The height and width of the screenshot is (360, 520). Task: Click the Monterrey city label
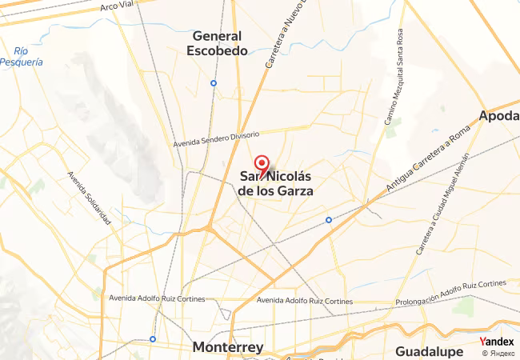[228, 347]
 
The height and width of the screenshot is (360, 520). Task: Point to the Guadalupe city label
[429, 351]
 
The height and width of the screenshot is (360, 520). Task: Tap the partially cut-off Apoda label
[499, 117]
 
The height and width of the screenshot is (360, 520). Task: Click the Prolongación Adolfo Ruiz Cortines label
[451, 293]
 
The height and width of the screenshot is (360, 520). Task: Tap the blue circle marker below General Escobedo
[214, 83]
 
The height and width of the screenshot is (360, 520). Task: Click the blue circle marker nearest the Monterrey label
[153, 338]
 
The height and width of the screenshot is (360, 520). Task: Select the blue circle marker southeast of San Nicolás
[329, 220]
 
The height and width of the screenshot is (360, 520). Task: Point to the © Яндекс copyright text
[498, 353]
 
